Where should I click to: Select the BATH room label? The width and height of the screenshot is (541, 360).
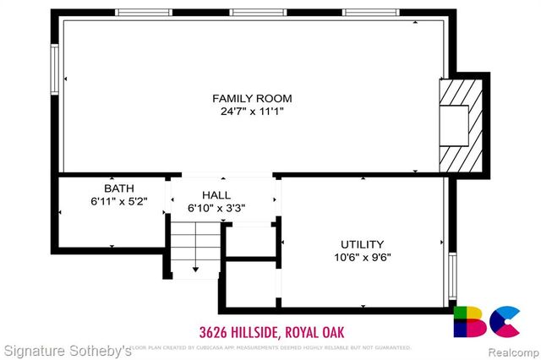pyautogui.click(x=118, y=188)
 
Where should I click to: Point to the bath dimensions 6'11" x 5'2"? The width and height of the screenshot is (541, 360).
pyautogui.click(x=118, y=202)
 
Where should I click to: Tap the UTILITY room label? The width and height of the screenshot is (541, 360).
pyautogui.click(x=362, y=244)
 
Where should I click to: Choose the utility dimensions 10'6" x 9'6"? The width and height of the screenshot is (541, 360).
pyautogui.click(x=362, y=258)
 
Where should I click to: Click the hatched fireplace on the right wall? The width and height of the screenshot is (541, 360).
pyautogui.click(x=460, y=123)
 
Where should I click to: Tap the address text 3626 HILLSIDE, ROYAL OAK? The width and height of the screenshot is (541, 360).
pyautogui.click(x=271, y=330)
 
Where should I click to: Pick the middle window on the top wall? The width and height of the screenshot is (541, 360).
pyautogui.click(x=257, y=13)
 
